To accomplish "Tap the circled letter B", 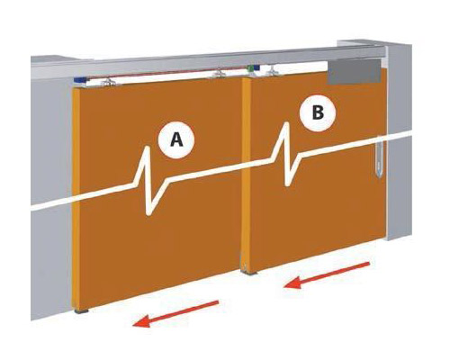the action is click(x=318, y=113).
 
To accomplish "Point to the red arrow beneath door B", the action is click(x=327, y=275).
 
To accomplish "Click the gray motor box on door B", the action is click(x=354, y=72).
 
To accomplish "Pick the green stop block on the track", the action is click(x=250, y=68).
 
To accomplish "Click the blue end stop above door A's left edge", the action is click(x=80, y=81).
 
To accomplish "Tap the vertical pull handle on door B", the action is click(x=380, y=158).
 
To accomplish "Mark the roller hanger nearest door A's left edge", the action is click(x=109, y=83).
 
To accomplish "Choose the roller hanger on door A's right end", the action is click(x=220, y=74).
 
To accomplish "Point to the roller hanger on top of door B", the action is click(x=273, y=70).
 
